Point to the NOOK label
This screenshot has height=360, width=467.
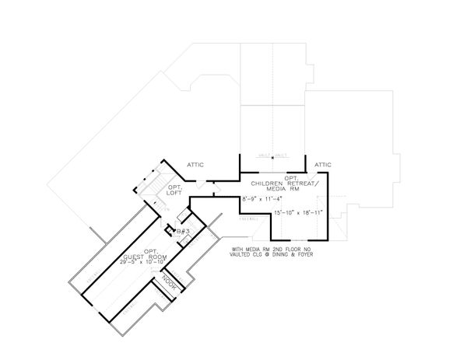coord(168,282)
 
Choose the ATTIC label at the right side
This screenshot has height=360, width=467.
coord(322,165)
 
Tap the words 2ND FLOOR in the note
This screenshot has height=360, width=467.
coord(281,250)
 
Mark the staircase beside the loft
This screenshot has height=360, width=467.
coord(145,183)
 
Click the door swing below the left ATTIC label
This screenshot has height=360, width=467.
coord(202,183)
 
